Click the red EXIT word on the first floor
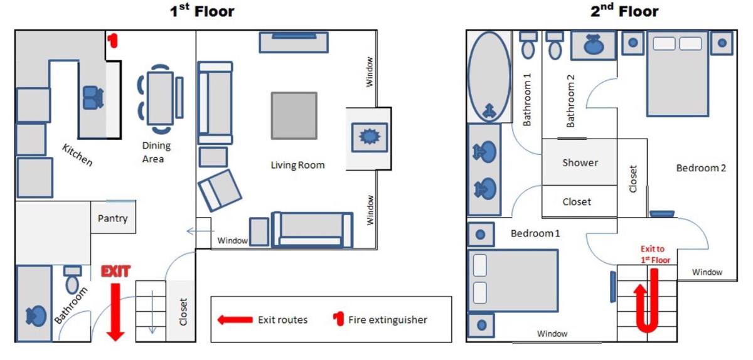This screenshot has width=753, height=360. [115, 272]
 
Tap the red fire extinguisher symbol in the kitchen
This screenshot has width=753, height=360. [112, 40]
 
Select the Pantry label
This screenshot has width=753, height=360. [112, 218]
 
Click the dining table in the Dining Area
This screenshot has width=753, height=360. [161, 98]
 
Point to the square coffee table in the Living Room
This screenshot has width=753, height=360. [294, 115]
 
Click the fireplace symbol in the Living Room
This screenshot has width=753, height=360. [370, 137]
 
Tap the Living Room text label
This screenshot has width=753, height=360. [298, 165]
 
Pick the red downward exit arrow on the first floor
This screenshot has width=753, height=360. [115, 312]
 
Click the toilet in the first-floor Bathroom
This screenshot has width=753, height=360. [72, 280]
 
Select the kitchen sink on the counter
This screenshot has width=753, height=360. [93, 97]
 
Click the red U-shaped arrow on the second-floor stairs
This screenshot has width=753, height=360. [647, 300]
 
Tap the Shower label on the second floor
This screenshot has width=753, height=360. [580, 162]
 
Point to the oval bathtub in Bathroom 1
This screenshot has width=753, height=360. [489, 77]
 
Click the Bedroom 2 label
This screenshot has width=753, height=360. [701, 168]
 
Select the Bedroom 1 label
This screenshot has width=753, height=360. [535, 233]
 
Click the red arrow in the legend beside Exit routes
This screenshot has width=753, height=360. [235, 320]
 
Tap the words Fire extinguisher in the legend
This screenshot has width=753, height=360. [388, 320]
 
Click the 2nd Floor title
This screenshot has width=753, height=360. [624, 11]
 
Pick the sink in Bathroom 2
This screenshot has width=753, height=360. [594, 45]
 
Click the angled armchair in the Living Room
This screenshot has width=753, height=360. [220, 191]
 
